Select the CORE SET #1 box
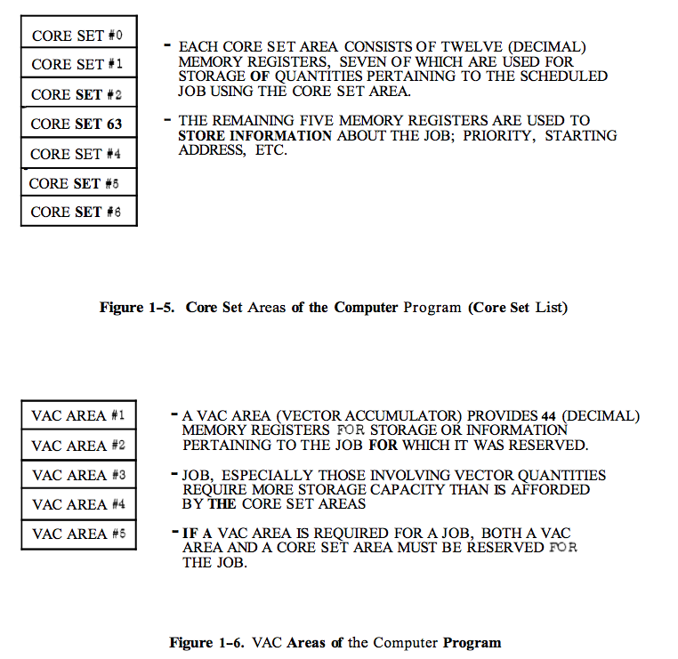pyautogui.click(x=78, y=64)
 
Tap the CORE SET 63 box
pyautogui.click(x=78, y=124)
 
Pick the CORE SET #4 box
pyautogui.click(x=78, y=154)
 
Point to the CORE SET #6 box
pyautogui.click(x=78, y=212)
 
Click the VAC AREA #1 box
pyautogui.click(x=78, y=415)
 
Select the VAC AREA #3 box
pyautogui.click(x=78, y=475)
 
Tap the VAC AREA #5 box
pyautogui.click(x=78, y=534)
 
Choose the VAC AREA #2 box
pyautogui.click(x=78, y=445)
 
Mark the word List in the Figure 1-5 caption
pyautogui.click(x=552, y=308)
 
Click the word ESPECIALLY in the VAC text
pyautogui.click(x=267, y=476)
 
